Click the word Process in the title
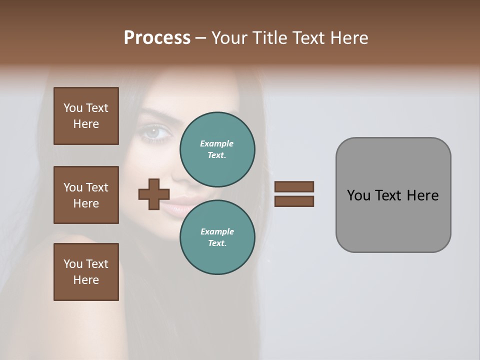157,38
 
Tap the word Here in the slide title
348,38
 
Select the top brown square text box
86,116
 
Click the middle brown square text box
86,195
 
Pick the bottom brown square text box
86,272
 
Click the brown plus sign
154,194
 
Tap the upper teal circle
217,149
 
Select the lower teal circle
217,237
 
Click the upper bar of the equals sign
294,186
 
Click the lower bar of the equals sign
294,201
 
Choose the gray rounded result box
393,194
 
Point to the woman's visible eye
151,132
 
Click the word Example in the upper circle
217,143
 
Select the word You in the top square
72,108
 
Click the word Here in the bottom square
86,280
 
